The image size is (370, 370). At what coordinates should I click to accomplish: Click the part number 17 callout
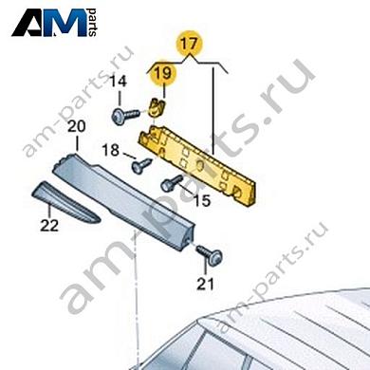pos(189,43)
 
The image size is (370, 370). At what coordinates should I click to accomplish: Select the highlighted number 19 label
pos(163,70)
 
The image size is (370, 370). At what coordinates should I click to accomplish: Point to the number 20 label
pos(76,126)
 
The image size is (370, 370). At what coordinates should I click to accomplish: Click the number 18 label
pos(110,151)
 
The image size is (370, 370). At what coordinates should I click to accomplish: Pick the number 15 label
pos(201,200)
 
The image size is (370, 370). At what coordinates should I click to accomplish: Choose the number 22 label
pos(48,225)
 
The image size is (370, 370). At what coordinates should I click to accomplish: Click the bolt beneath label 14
pos(120,115)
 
